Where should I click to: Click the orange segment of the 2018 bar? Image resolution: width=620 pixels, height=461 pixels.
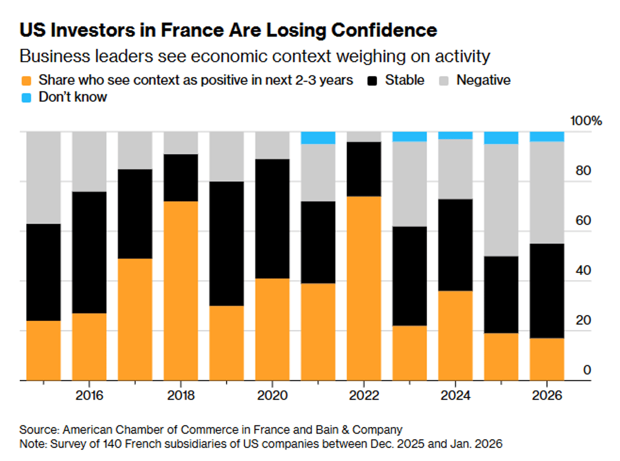coord(181,291)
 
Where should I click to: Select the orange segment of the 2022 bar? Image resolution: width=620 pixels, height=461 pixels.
coord(364,288)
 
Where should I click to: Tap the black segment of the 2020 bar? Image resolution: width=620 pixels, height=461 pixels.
coord(272,218)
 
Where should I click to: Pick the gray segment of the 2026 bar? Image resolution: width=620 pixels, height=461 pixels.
coord(547,192)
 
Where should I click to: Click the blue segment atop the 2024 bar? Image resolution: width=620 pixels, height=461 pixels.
coord(455,135)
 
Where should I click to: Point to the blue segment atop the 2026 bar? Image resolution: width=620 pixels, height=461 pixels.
coord(547,136)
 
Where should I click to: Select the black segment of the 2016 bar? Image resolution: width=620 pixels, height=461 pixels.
coord(89,252)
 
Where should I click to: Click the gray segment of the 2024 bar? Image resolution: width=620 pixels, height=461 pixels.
coord(455,169)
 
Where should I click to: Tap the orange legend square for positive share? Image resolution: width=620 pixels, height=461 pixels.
coord(25,81)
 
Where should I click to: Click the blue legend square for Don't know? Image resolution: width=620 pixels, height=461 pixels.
coord(25,97)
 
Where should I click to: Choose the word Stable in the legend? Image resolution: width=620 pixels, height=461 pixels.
coord(405,81)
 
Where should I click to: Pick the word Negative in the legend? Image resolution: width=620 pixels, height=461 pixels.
coord(483,81)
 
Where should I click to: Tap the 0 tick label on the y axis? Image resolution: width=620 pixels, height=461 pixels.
coord(586,370)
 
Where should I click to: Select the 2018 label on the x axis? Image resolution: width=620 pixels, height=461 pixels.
coord(181,396)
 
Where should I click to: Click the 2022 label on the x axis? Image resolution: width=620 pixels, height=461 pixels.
coord(364,396)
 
